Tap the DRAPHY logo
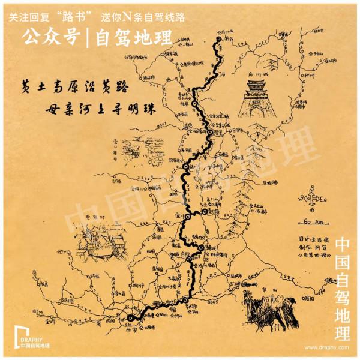(29, 338)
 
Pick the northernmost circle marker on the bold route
(217, 41)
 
